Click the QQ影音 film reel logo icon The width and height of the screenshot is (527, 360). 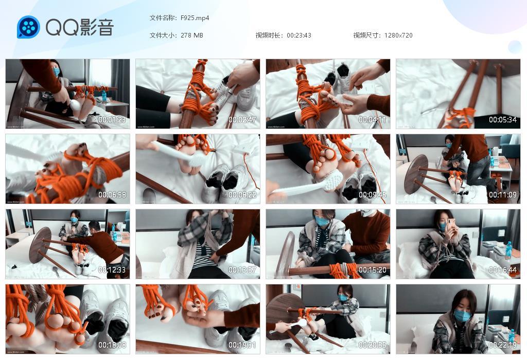28,27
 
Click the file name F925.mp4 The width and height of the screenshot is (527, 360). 195,18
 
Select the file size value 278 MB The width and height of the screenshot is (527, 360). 191,35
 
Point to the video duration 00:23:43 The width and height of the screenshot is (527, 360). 298,35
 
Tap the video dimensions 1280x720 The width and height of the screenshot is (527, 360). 398,35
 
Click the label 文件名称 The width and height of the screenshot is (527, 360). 163,18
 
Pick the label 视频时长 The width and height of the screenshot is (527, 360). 269,35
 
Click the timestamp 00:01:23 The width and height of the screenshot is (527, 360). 112,120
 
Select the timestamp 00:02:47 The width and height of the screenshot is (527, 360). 242,120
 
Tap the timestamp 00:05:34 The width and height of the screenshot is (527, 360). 502,120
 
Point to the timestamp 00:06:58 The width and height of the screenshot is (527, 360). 112,195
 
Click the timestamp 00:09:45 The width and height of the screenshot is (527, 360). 372,195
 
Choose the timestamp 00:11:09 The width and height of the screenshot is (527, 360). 502,195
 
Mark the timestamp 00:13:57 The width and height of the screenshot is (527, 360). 242,270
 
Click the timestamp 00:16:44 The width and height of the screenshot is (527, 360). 502,270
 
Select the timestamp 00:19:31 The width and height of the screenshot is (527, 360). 242,345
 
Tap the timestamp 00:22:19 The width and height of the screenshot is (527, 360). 502,345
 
